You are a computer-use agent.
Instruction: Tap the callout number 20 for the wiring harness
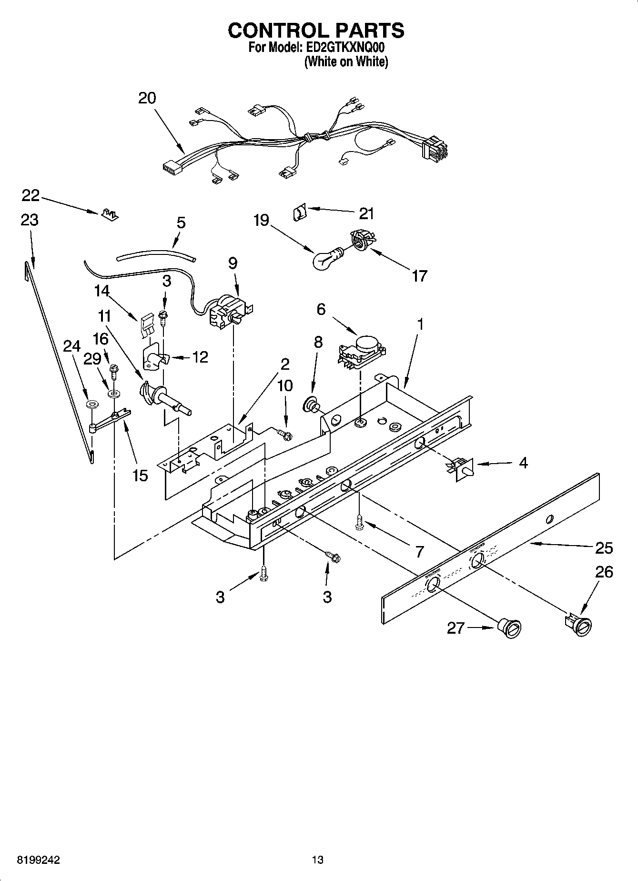[147, 98]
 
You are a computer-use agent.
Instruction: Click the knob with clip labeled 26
[578, 624]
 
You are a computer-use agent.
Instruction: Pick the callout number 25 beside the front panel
[604, 548]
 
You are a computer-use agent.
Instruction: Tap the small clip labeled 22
[110, 214]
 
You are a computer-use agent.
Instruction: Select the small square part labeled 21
[299, 212]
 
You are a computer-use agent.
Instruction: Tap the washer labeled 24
[91, 405]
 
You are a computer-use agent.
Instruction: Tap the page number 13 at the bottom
[317, 860]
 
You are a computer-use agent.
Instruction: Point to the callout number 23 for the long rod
[30, 220]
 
